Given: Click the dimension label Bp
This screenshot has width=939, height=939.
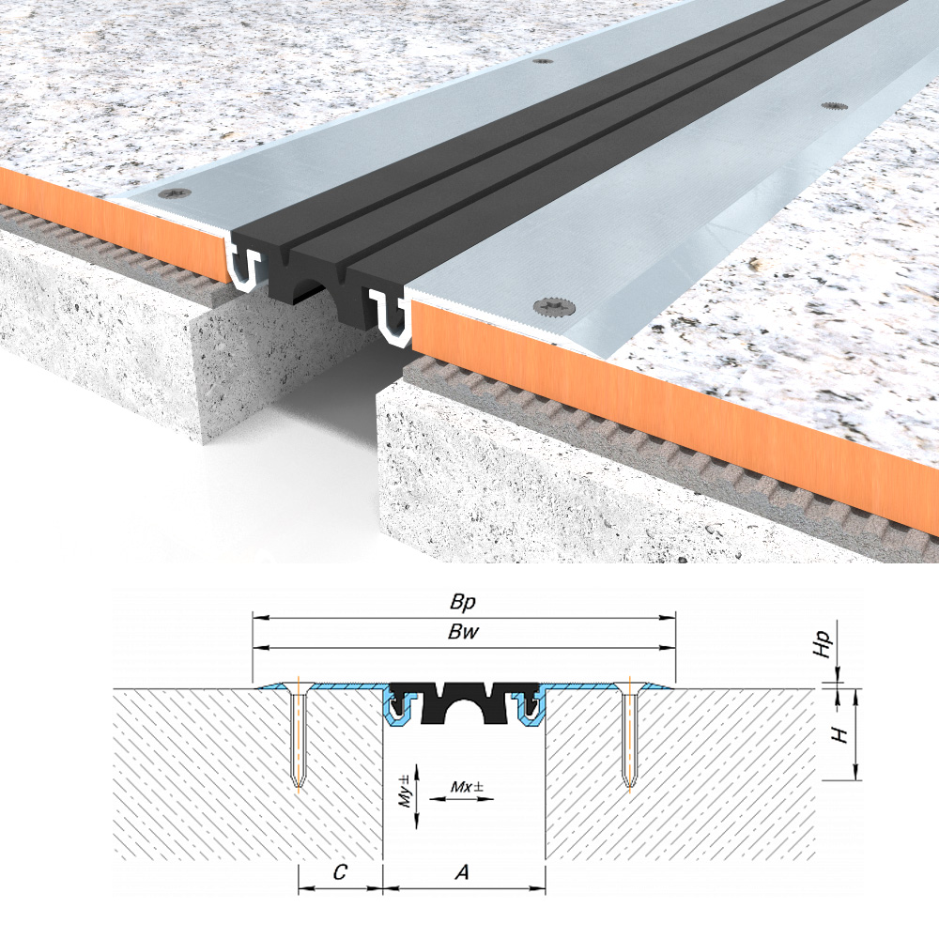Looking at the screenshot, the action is (463, 601).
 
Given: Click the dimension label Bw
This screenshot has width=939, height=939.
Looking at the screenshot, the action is (464, 632).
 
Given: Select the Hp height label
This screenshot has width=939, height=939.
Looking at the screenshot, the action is (824, 644).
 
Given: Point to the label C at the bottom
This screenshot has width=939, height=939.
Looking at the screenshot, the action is (340, 872).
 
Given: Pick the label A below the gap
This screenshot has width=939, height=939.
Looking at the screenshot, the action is (462, 872).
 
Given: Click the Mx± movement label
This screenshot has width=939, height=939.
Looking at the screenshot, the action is (467, 786).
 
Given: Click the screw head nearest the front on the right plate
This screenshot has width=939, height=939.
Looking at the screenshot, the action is (555, 307).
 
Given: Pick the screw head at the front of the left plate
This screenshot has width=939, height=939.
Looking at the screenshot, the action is (176, 193).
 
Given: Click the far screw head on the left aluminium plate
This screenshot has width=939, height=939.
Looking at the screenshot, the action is (543, 61).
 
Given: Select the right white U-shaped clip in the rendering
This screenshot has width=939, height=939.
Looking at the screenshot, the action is (390, 316).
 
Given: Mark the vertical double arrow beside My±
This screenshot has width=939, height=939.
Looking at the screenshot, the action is (418, 796).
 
